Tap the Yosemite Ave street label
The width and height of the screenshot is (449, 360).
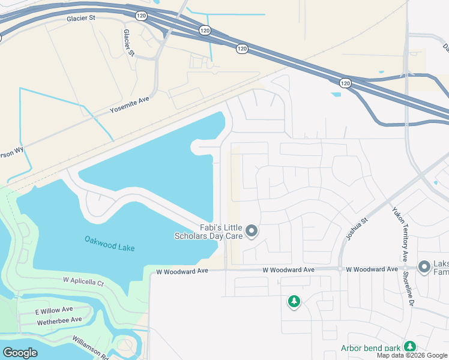[129, 105]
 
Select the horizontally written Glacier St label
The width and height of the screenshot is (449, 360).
[81, 19]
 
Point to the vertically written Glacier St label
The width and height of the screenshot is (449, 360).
[128, 43]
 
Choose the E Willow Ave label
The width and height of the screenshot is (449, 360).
[53, 310]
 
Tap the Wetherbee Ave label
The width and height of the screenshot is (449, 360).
[59, 320]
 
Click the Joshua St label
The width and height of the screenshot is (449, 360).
[355, 229]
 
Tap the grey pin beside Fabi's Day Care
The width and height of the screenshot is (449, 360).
[252, 231]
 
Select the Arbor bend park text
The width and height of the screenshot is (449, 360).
[371, 348]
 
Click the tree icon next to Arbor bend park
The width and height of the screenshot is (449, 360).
[409, 347]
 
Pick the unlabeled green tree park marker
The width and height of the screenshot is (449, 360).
[294, 302]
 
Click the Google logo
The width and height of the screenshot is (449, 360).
[20, 352]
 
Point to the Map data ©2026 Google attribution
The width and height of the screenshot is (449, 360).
[412, 355]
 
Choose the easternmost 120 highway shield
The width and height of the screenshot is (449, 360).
[345, 83]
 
